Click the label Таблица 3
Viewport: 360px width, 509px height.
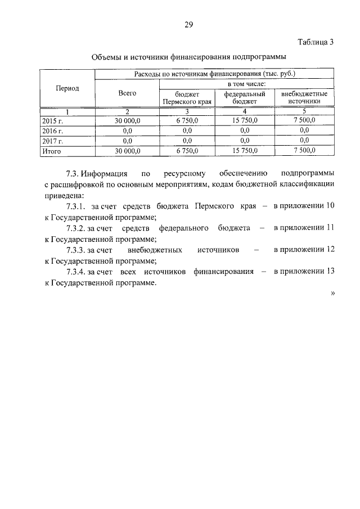click(316, 42)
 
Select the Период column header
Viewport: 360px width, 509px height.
click(67, 88)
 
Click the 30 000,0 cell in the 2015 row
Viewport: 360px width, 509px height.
click(127, 120)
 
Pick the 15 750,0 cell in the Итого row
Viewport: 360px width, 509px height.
click(245, 151)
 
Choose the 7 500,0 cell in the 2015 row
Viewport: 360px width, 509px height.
click(304, 120)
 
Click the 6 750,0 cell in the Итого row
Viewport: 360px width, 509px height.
click(187, 151)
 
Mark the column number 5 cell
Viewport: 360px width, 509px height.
click(304, 111)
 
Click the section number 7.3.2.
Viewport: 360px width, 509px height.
click(75, 228)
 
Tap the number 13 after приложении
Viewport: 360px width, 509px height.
click(330, 271)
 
